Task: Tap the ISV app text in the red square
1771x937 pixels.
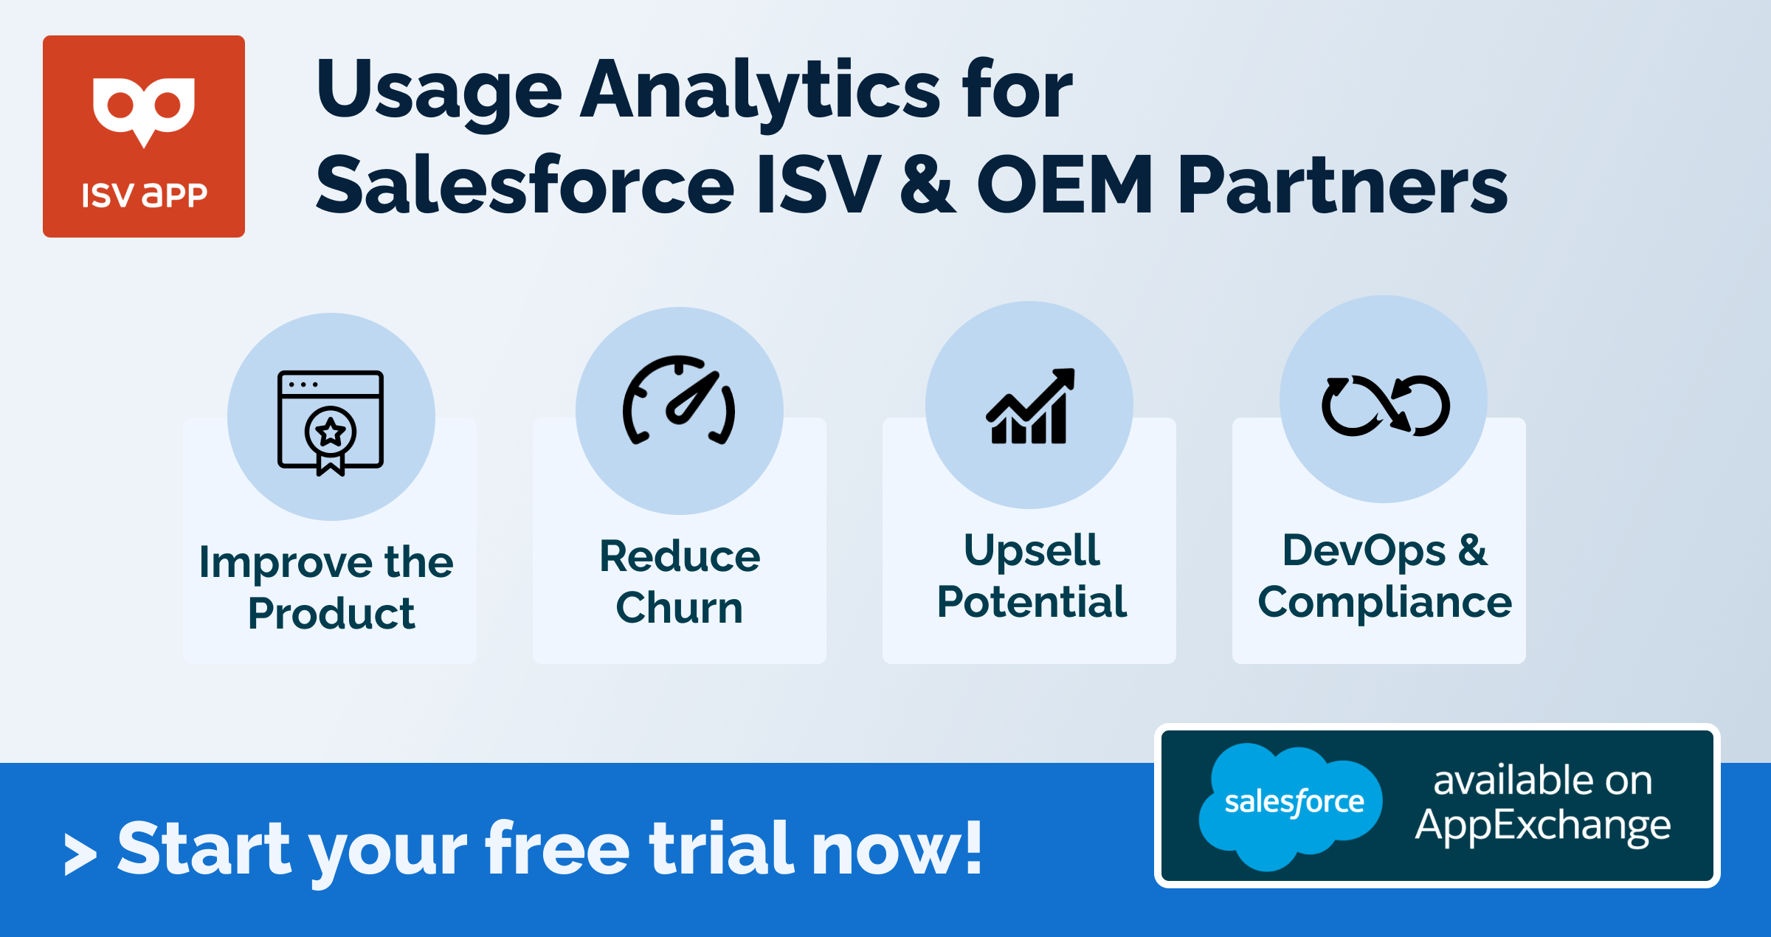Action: point(144,196)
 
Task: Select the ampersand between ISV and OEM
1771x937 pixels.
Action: point(928,184)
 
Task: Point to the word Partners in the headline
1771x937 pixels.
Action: point(1342,184)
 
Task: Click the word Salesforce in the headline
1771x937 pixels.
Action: point(525,184)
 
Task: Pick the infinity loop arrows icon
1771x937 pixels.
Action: point(1385,406)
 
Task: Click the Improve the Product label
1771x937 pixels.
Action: point(327,587)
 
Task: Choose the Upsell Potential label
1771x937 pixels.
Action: point(1032,575)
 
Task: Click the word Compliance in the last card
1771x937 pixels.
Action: point(1384,602)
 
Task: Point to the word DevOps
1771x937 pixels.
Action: point(1364,550)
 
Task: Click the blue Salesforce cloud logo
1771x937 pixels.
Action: point(1291,804)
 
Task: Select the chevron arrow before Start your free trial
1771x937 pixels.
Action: point(80,854)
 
